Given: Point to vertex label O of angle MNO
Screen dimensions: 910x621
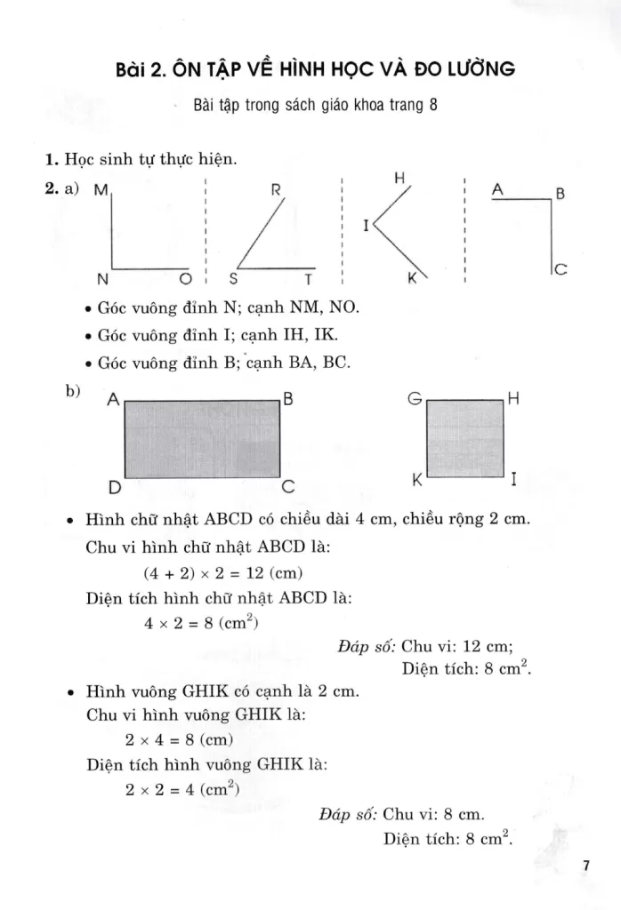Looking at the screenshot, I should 185,279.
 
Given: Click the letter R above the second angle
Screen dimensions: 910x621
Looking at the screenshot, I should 276,189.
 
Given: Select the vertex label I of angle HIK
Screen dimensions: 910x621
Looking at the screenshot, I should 366,227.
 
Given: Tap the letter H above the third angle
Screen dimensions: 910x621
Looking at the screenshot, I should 400,179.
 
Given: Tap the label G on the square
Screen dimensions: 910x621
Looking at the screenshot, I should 413,400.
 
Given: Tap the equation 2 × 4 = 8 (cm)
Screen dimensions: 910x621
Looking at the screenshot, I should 179,738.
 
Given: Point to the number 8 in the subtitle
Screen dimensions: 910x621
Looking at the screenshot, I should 433,104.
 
